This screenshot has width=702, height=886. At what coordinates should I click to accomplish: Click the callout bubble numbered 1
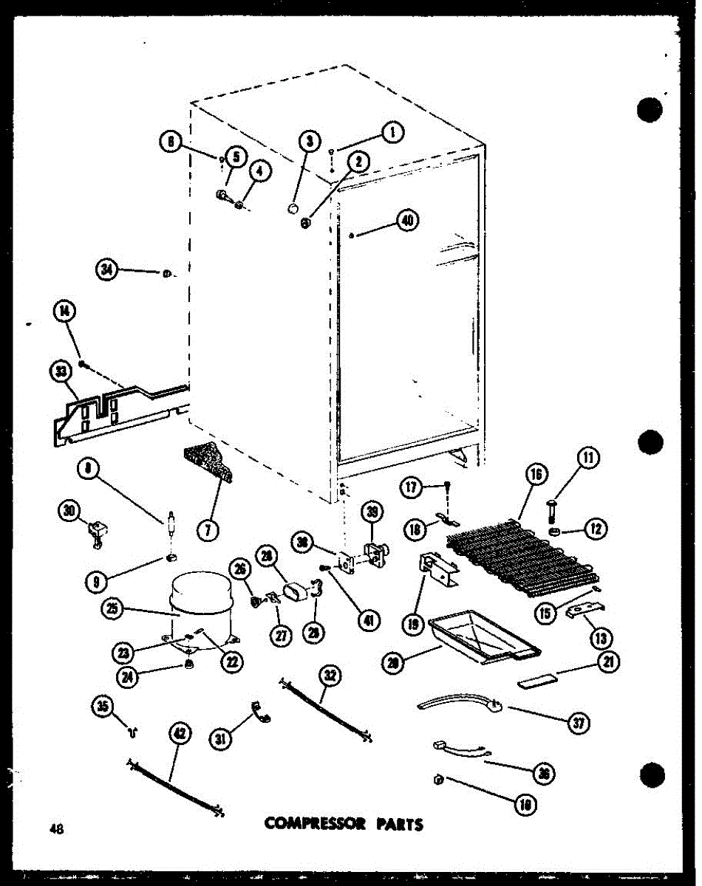392,132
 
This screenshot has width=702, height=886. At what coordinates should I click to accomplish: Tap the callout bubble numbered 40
407,219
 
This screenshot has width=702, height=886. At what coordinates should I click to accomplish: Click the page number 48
55,828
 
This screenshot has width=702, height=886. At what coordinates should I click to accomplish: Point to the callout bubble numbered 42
180,733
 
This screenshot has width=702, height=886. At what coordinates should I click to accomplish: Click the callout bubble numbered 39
374,512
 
